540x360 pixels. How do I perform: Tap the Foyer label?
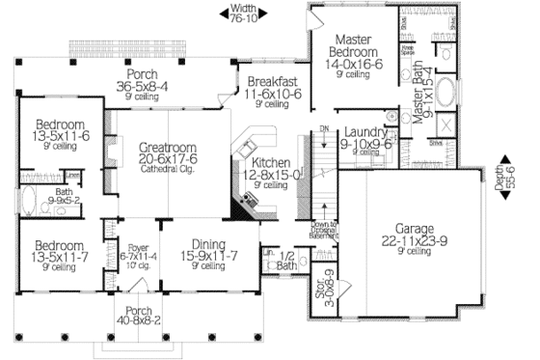pyautogui.click(x=139, y=249)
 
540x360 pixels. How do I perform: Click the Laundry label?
pyautogui.click(x=365, y=132)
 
